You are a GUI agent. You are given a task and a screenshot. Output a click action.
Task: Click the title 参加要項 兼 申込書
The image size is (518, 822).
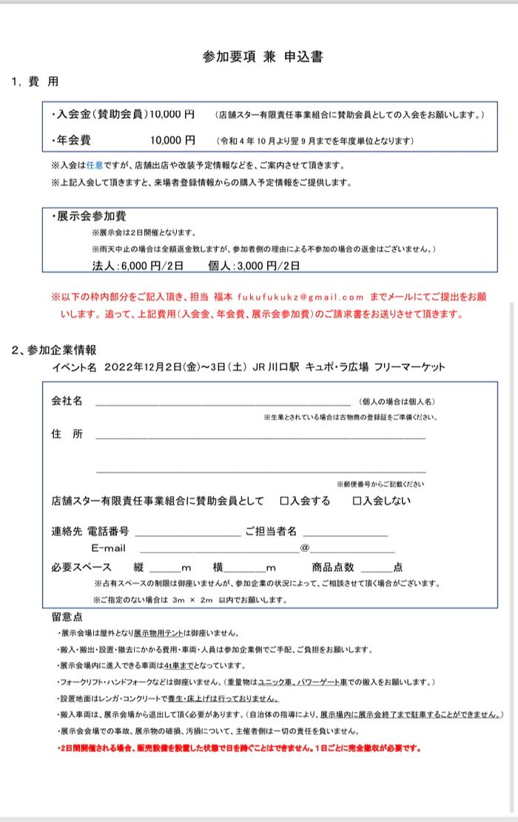pos(263,57)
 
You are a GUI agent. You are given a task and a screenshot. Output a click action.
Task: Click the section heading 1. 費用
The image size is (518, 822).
pos(35,81)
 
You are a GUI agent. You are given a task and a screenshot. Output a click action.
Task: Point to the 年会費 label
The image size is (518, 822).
pos(73,140)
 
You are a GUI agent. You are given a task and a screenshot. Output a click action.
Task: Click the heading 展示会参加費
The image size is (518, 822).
pos(91,217)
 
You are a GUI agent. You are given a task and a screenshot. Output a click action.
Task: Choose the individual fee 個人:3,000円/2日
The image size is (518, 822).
pos(255,265)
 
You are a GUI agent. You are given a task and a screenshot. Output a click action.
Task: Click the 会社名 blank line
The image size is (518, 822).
pos(222,402)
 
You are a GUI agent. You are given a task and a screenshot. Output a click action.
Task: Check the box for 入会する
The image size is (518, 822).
pos(284,501)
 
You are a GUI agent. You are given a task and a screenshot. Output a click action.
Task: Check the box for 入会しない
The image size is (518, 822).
pos(357,501)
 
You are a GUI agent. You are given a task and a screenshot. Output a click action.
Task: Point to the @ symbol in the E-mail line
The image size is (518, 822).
pos(304,548)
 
